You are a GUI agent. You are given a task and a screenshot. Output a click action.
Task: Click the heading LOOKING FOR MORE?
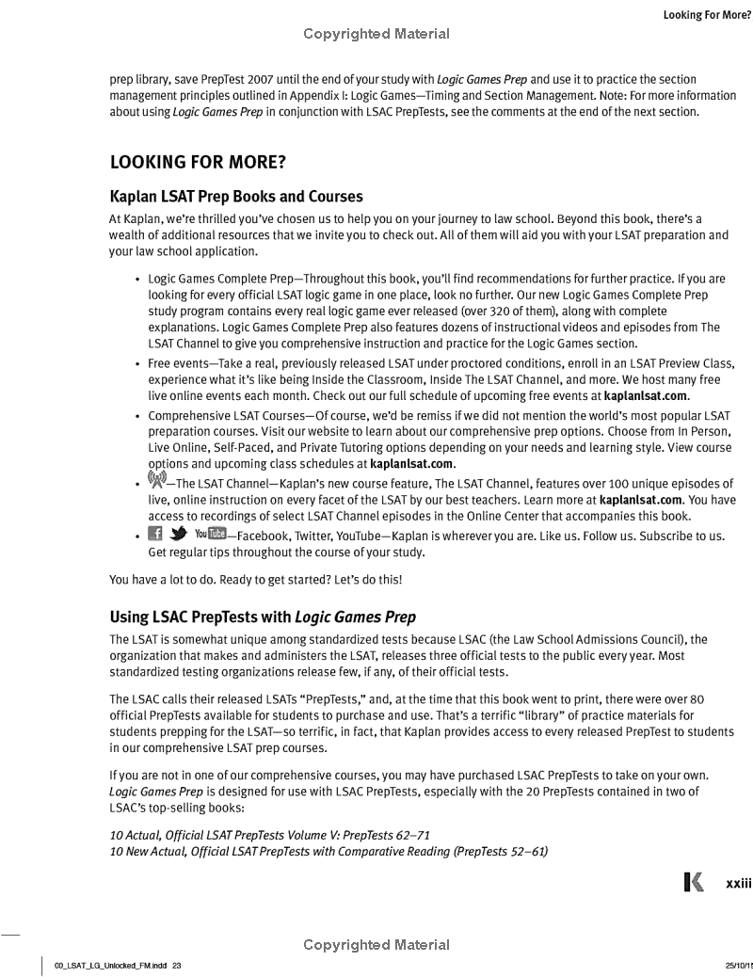pos(198,162)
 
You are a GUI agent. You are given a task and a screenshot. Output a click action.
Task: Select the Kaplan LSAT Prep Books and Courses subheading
pos(236,197)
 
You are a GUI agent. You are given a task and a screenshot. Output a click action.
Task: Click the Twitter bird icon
pos(176,535)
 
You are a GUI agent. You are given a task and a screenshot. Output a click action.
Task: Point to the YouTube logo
pos(210,535)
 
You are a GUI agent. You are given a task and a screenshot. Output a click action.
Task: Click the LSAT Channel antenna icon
pos(156,480)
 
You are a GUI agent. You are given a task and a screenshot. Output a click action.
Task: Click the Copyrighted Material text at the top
pos(376,35)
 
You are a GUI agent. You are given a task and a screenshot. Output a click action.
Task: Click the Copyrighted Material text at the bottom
pos(376,945)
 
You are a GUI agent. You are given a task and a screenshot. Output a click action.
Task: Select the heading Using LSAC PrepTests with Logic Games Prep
pos(263,617)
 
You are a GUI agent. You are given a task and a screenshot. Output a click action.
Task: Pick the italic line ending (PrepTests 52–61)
pos(329,852)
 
